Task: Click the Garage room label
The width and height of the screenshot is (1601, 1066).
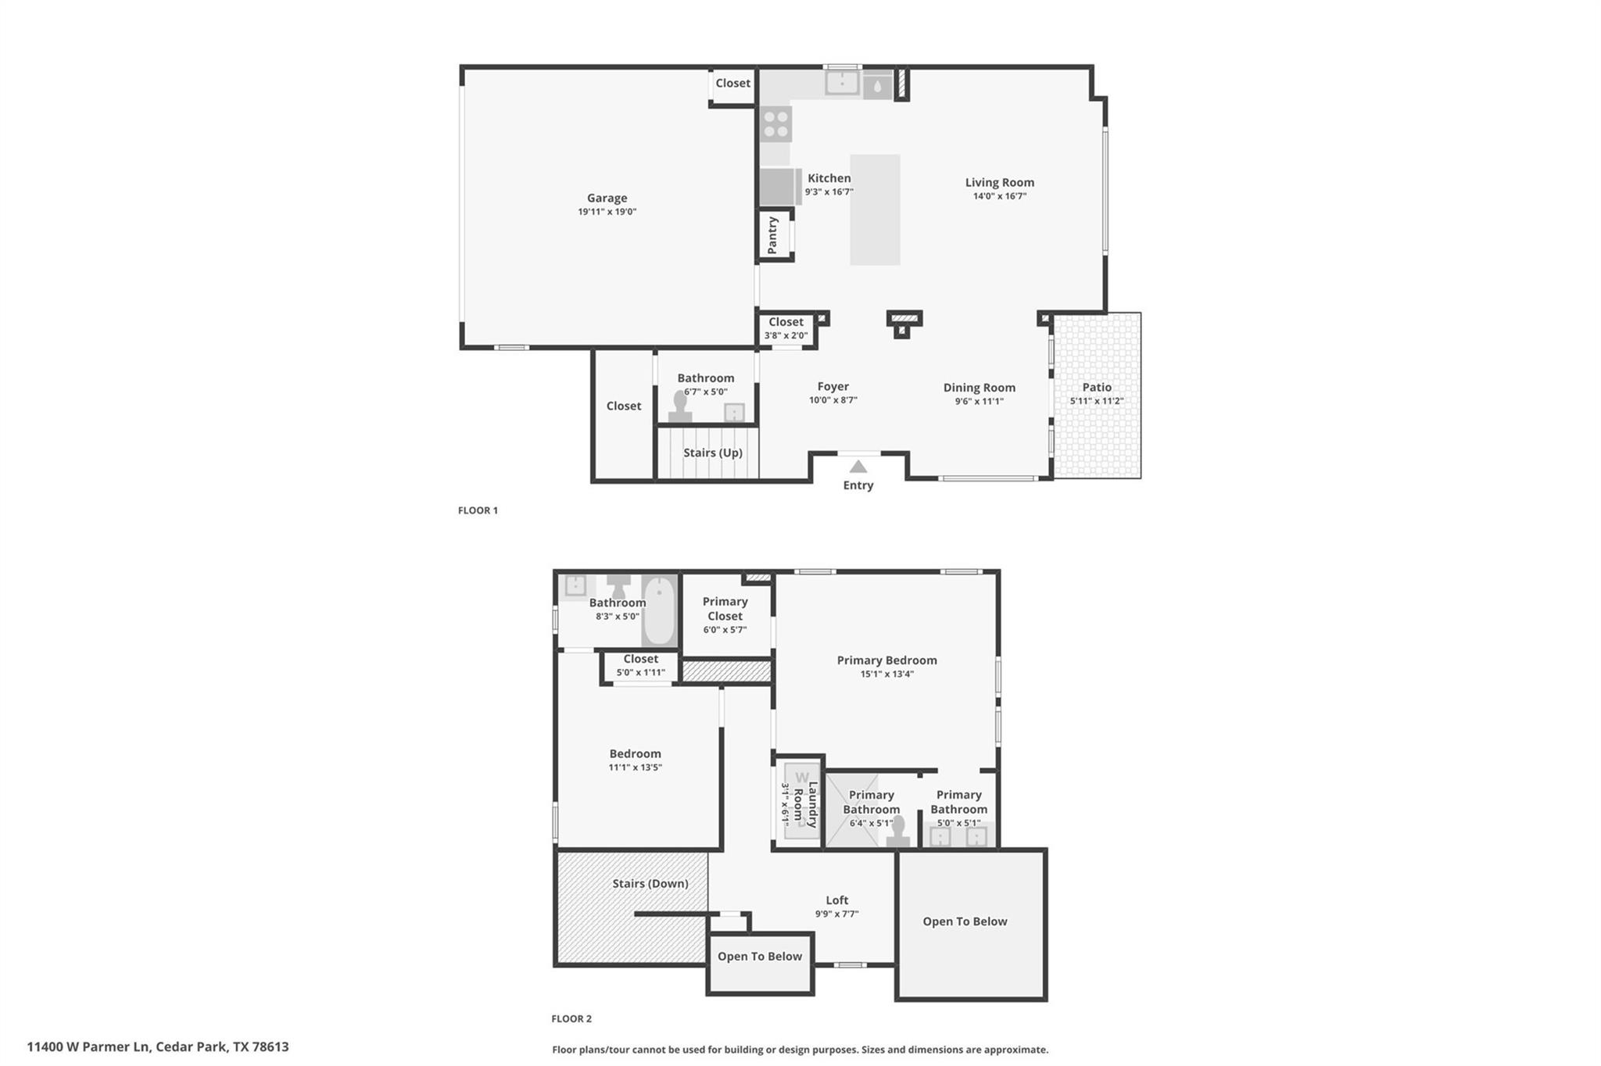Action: point(607,198)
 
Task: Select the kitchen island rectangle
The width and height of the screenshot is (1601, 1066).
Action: point(875,209)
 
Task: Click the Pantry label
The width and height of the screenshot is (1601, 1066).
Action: point(773,235)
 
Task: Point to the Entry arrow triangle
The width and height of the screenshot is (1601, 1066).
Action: point(858,467)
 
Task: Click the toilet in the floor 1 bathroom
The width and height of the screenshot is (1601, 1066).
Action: point(680,407)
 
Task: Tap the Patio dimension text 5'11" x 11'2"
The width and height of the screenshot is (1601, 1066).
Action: point(1096,401)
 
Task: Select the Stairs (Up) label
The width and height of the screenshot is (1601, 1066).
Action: point(712,453)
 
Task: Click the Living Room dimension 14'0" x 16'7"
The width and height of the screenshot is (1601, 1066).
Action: point(999,196)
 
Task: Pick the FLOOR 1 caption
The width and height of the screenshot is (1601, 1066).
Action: point(478,510)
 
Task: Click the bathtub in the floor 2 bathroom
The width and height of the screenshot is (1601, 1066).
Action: point(659,610)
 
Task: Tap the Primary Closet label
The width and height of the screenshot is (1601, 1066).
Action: point(725,608)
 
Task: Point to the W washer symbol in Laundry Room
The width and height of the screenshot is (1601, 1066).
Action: point(801,777)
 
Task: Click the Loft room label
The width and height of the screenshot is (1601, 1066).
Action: point(836,900)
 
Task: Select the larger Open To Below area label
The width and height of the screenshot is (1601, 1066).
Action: point(965,921)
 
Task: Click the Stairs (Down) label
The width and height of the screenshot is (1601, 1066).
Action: point(650,883)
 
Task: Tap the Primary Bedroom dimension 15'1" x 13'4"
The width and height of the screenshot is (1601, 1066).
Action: point(886,674)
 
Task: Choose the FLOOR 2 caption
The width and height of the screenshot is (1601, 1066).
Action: point(571,1018)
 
